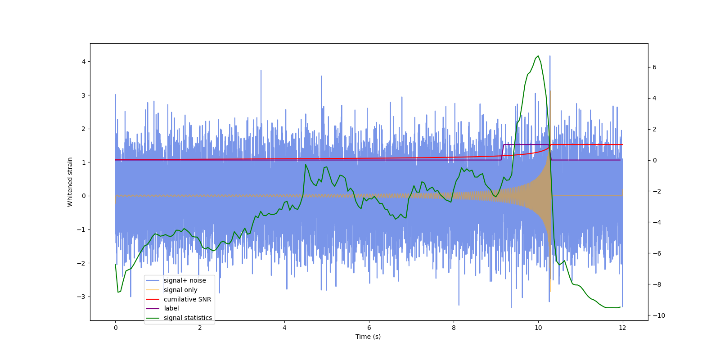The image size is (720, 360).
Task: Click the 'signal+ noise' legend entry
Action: [184, 280]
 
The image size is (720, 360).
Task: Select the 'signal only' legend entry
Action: [180, 290]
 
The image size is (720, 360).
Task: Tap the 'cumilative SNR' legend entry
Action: [187, 299]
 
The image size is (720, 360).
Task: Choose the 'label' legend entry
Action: [171, 308]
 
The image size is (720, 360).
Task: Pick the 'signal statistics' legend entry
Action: [188, 318]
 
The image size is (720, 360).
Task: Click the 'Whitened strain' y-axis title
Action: [70, 182]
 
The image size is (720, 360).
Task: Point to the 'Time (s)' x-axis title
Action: [368, 337]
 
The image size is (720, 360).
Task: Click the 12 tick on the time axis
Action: [622, 328]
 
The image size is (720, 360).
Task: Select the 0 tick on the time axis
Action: [115, 328]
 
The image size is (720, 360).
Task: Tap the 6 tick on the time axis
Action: [369, 328]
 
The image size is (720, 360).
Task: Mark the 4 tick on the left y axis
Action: [84, 62]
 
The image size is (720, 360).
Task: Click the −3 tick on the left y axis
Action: [82, 297]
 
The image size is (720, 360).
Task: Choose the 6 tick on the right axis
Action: [654, 67]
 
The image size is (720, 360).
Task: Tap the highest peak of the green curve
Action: [538, 56]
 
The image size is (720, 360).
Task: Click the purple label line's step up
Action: [502, 152]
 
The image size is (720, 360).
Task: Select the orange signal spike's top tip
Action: [550, 91]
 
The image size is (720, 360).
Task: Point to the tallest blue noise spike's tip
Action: [549, 56]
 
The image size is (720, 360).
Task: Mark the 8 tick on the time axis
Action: [454, 328]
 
